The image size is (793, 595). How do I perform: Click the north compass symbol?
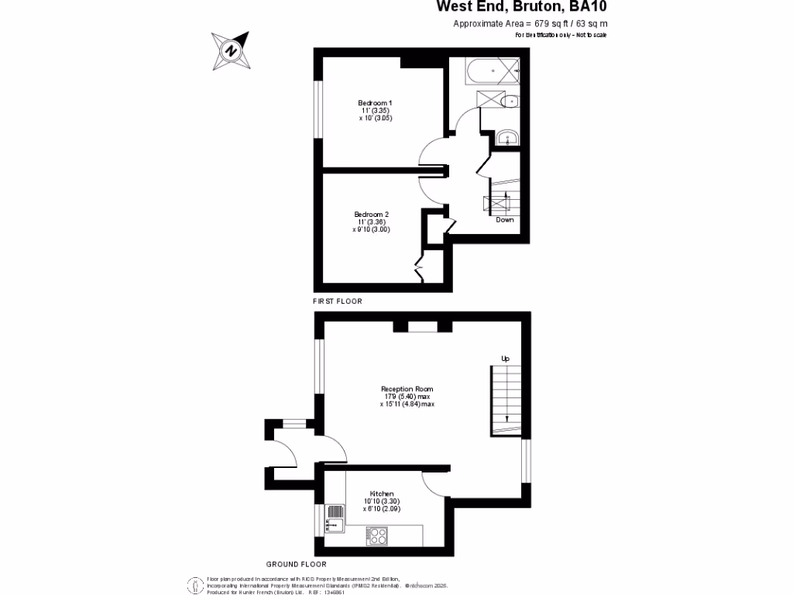(231, 50)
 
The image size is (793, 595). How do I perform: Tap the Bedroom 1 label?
(375, 104)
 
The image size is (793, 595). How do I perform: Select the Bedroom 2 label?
(371, 215)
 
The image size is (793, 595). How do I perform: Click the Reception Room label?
(407, 389)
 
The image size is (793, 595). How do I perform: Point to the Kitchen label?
(382, 494)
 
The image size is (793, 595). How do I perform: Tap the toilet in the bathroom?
(509, 101)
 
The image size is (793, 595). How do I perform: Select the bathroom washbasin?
(508, 138)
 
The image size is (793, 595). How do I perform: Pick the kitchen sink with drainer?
(335, 518)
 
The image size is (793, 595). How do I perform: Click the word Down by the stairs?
(505, 220)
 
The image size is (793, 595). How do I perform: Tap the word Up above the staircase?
(506, 359)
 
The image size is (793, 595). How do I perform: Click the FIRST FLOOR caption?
(338, 301)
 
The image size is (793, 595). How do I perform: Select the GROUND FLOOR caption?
(296, 565)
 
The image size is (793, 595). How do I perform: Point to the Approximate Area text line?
(530, 24)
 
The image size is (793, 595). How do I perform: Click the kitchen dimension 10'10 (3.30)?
(382, 501)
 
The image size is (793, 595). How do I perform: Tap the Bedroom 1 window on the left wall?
(318, 109)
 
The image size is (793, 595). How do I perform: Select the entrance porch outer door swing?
(283, 454)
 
